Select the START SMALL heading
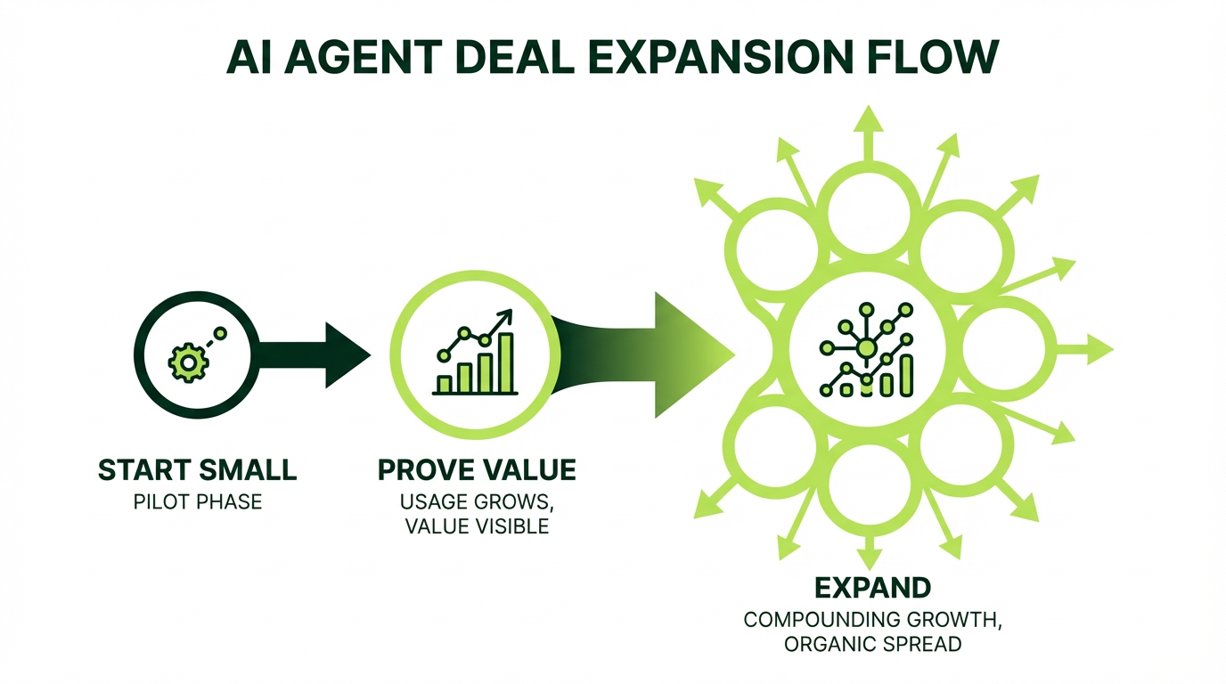click(198, 470)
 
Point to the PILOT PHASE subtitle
click(198, 501)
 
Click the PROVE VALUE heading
click(477, 469)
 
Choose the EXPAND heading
click(873, 588)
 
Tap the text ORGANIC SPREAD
click(873, 643)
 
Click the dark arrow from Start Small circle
click(312, 355)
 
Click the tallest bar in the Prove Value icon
click(506, 363)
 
